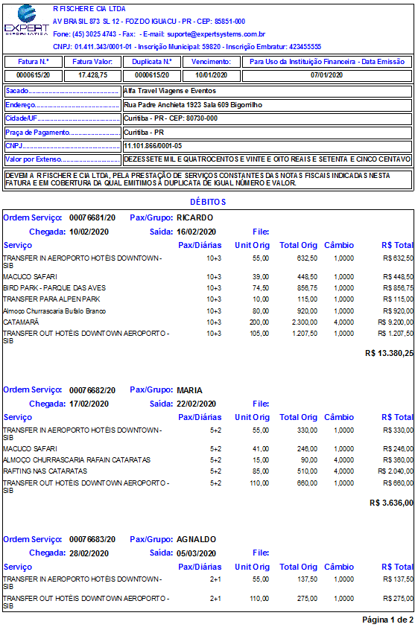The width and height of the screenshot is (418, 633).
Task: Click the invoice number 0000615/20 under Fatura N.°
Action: point(33,75)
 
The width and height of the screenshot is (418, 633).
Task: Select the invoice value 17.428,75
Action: point(92,75)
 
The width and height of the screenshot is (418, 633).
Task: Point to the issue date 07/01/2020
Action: point(326,75)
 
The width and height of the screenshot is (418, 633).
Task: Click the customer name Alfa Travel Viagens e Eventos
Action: point(171,91)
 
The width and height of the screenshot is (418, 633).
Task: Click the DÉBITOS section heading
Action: point(208,202)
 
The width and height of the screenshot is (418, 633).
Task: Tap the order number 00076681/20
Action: point(92,217)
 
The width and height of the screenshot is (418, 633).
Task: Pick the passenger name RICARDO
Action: point(194,217)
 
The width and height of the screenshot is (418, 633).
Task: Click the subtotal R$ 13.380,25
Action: point(389,353)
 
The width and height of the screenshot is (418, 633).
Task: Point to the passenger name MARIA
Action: point(189,389)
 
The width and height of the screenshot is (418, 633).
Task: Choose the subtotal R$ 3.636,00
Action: point(391,503)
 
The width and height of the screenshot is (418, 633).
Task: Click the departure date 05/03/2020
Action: point(196,553)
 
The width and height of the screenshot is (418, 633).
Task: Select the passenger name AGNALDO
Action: point(196,539)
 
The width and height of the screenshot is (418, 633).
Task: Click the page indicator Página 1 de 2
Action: point(387,620)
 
